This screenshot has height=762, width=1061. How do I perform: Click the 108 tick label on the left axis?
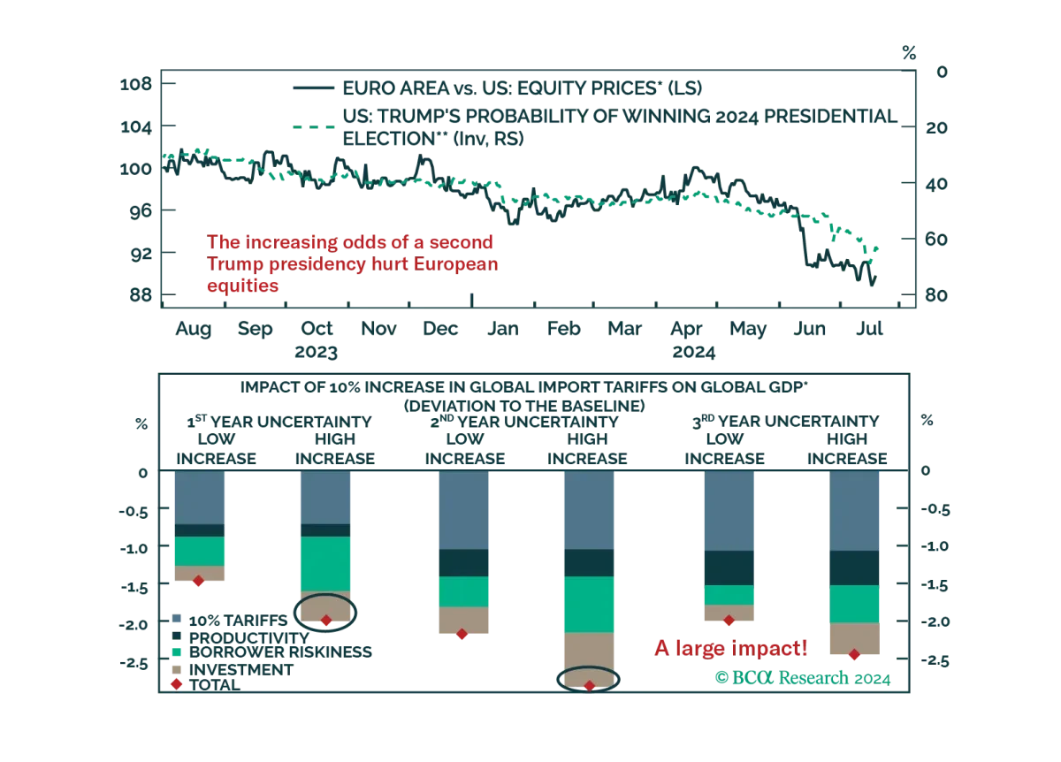[136, 84]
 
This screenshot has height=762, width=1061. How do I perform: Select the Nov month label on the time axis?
[378, 328]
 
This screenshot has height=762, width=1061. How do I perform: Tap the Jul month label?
[869, 328]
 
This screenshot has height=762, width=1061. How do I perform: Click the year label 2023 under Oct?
[316, 353]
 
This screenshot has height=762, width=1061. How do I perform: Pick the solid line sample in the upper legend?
[314, 88]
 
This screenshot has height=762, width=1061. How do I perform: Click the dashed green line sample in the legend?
[314, 127]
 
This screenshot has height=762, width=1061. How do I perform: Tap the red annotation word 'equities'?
[242, 286]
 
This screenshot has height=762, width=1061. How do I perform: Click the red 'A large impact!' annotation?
[731, 648]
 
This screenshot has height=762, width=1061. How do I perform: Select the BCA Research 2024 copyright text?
[803, 678]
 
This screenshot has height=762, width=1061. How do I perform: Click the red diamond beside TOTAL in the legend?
[177, 684]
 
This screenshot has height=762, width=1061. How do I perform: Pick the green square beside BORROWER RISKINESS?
[177, 652]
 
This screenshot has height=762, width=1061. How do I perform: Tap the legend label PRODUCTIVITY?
[249, 638]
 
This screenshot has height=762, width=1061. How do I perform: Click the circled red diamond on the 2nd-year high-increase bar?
[589, 686]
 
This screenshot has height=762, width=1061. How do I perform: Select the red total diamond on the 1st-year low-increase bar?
[198, 581]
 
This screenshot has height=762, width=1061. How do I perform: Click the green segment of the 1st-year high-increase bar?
[326, 564]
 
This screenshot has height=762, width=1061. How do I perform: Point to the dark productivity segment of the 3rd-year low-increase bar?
[729, 568]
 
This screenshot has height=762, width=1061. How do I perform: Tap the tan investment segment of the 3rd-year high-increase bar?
[854, 638]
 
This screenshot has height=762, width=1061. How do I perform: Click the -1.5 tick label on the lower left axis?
[135, 587]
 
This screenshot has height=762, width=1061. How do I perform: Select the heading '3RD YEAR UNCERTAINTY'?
[786, 421]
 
